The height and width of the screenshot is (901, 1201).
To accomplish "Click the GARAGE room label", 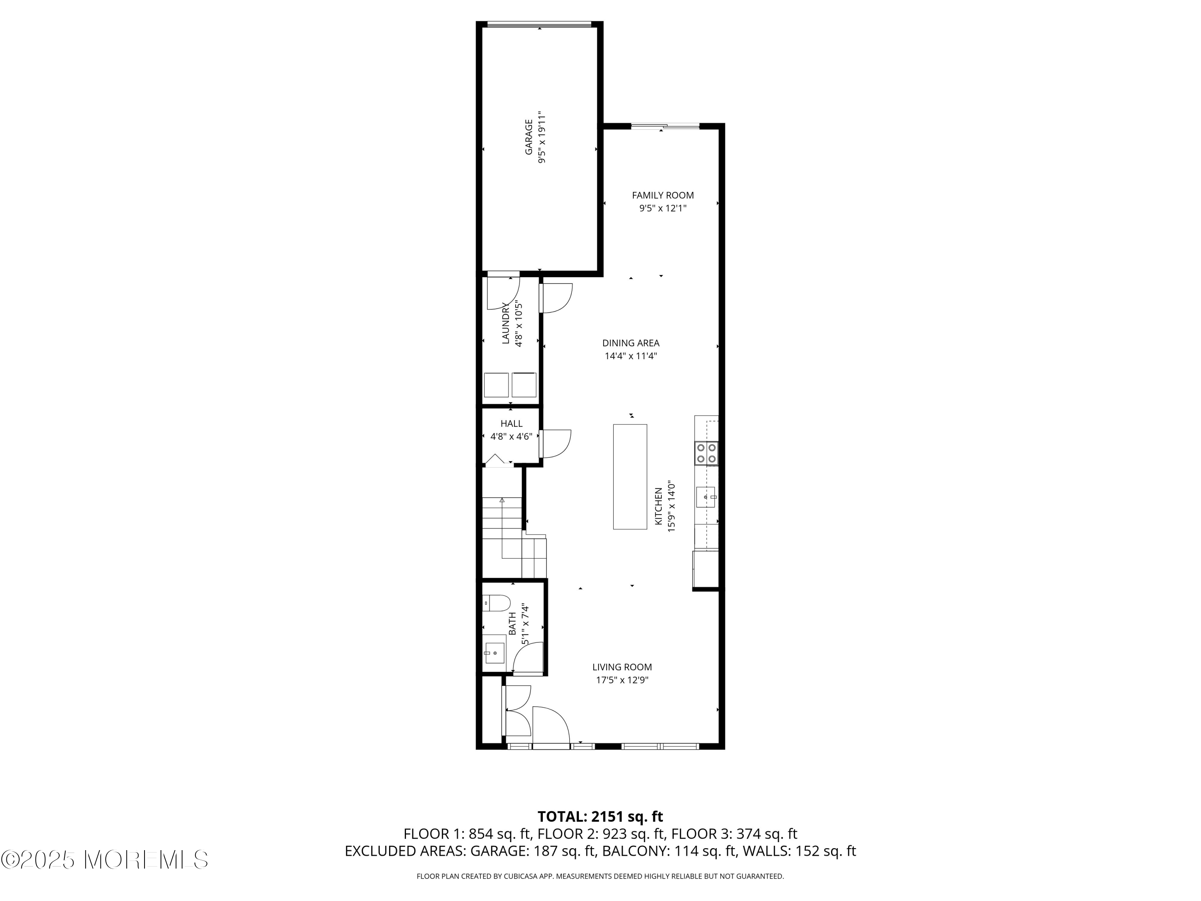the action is click(528, 137).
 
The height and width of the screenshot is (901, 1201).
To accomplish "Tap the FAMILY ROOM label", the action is click(663, 195).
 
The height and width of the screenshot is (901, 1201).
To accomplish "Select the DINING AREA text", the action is click(631, 343).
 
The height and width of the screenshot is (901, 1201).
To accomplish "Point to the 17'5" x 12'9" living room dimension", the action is click(622, 680).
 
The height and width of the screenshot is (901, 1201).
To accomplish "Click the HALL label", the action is click(512, 423).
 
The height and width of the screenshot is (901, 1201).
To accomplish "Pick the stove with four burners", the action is click(706, 453).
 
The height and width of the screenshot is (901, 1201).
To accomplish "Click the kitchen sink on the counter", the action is click(706, 497).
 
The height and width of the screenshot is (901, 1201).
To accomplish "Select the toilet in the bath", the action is click(496, 603).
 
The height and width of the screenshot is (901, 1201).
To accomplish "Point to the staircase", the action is click(514, 538).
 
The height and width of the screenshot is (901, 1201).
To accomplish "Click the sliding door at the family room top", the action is click(665, 127).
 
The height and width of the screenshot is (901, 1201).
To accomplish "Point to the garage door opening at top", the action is click(539, 24).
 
